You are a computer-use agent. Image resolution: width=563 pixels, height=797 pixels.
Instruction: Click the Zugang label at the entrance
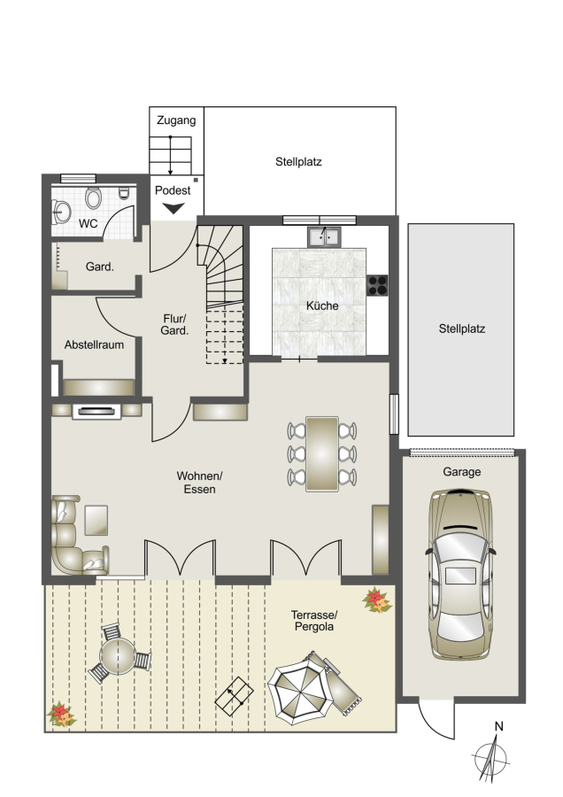pos(176,120)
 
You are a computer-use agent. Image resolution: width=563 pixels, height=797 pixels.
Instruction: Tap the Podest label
pos(173,190)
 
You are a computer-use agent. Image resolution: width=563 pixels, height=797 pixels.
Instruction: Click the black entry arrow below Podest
pos(174,208)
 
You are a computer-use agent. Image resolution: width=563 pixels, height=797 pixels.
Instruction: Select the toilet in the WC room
pos(92,197)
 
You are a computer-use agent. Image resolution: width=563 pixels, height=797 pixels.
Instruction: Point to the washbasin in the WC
pos(61,212)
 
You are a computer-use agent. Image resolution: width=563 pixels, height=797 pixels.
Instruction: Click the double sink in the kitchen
pos(325,236)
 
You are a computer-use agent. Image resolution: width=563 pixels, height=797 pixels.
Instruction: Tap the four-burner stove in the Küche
pos(377,285)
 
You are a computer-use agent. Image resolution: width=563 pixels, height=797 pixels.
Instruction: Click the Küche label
pos(322,306)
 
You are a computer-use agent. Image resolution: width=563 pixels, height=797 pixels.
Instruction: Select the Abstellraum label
pos(94,344)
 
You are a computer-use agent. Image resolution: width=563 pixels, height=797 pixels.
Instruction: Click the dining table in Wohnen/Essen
pos(322,454)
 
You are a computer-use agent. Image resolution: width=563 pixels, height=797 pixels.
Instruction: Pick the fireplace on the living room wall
pos(96,411)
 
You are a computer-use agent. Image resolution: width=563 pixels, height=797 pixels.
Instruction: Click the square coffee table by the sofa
pos(96,520)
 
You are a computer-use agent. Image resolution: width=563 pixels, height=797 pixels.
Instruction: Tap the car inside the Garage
pos(460,575)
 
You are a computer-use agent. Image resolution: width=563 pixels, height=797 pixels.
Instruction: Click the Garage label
pos(462,472)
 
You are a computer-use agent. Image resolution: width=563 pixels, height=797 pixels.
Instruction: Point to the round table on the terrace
pos(118,655)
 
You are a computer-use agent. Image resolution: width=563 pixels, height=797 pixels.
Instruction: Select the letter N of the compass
pos(499,726)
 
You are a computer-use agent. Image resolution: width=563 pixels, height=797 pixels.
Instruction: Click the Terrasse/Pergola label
pos(314,621)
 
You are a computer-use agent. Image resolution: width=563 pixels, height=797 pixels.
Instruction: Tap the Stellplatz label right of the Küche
pos(462,329)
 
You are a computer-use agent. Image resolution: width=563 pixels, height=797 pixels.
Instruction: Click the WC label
pos(88,224)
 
